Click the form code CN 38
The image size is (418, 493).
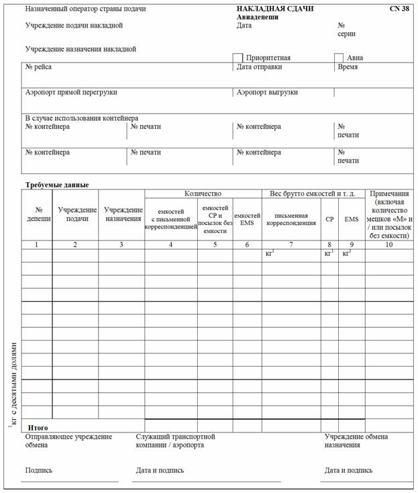tap(399, 9)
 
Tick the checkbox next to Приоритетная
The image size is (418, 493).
tap(238, 58)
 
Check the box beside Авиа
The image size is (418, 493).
tap(339, 58)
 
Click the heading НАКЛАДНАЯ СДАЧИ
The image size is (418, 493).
tap(275, 9)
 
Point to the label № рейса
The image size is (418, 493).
tap(38, 67)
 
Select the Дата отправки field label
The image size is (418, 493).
tap(259, 67)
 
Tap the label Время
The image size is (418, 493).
tap(348, 67)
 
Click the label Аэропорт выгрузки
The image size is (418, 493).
tap(267, 92)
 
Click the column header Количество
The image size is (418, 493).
tap(203, 193)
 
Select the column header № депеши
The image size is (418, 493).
tap(38, 214)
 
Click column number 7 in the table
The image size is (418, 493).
tap(291, 244)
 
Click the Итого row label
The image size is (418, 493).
tap(38, 427)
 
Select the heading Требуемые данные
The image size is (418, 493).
tap(57, 185)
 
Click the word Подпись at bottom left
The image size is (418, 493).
tap(39, 470)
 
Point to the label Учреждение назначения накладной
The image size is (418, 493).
tap(81, 49)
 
